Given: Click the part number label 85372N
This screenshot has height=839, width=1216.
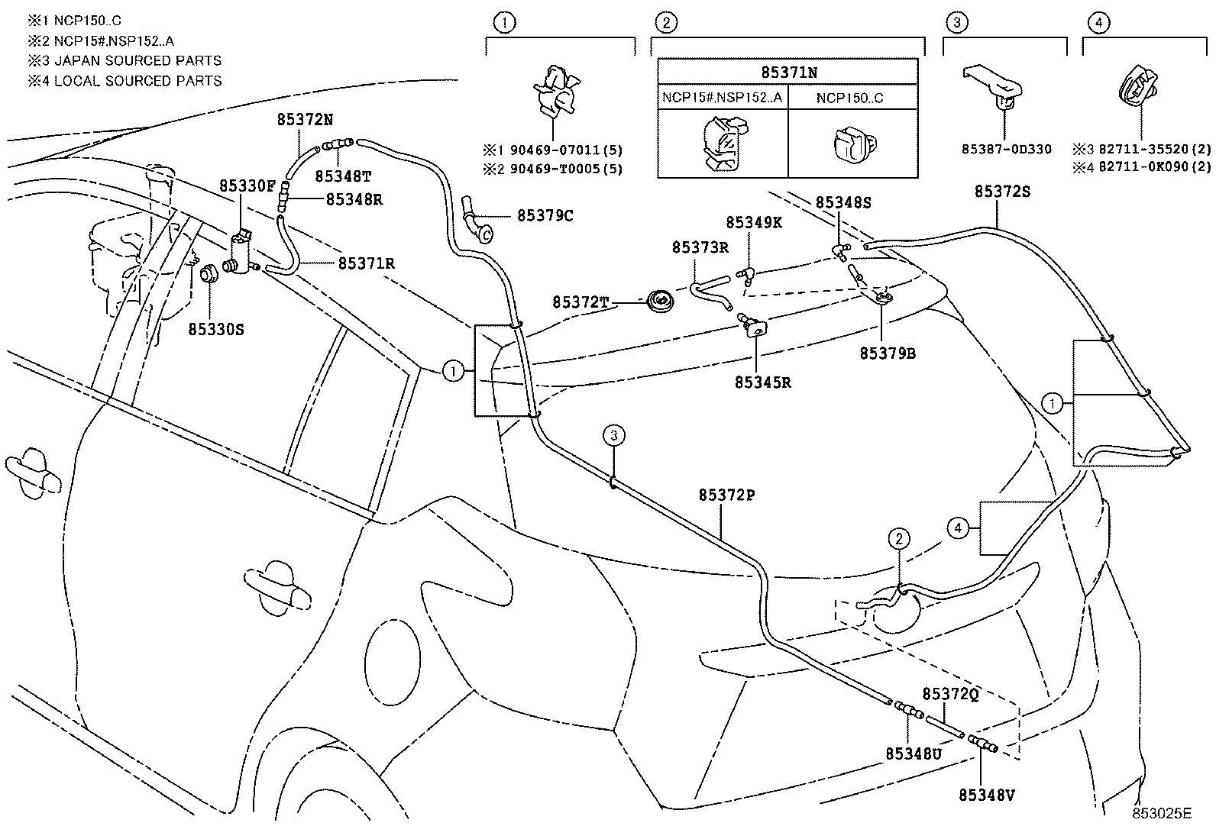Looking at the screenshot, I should coord(305,120).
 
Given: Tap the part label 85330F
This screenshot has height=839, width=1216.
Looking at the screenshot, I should coord(247,186).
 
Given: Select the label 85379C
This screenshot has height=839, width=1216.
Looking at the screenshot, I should coord(545,216).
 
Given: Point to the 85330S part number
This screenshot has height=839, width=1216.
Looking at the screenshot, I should coord(216,330).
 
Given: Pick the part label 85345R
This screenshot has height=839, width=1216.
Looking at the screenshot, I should coord(762,383).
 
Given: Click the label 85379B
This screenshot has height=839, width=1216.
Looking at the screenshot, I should coord(888,353).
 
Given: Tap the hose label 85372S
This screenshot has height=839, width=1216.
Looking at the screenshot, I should coord(1002,192).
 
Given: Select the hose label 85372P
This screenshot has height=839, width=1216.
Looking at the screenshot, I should coord(726,495).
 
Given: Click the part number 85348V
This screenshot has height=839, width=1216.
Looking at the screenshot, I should coord(987,795).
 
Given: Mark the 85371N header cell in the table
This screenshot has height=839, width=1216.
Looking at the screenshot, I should coord(788,73).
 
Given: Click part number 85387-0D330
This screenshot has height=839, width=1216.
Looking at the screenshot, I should coord(1006,150).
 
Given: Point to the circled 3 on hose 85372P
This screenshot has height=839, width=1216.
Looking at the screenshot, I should coord(614,436).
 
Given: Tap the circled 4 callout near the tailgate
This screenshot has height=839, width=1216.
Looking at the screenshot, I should coord(957,526).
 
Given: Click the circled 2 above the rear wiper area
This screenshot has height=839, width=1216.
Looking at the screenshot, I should coord(899,539).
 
